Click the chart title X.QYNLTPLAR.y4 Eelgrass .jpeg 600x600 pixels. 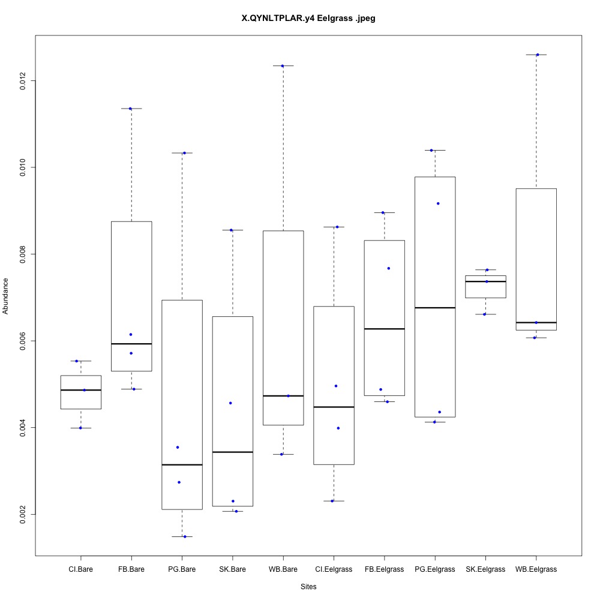pyautogui.click(x=308, y=19)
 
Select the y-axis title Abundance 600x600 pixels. pyautogui.click(x=6, y=296)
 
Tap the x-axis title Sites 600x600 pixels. pyautogui.click(x=308, y=586)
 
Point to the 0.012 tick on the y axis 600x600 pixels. pyautogui.click(x=23, y=80)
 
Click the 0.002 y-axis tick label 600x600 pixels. pyautogui.click(x=23, y=514)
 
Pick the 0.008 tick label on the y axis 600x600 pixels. pyautogui.click(x=23, y=254)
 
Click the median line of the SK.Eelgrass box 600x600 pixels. pyautogui.click(x=485, y=281)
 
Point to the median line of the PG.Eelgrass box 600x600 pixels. pyautogui.click(x=435, y=307)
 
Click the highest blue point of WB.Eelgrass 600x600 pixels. pyautogui.click(x=538, y=55)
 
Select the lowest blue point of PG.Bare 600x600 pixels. pyautogui.click(x=185, y=536)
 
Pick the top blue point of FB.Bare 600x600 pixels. pyautogui.click(x=130, y=109)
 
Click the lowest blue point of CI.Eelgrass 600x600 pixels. pyautogui.click(x=332, y=500)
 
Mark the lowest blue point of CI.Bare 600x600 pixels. pyautogui.click(x=80, y=428)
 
